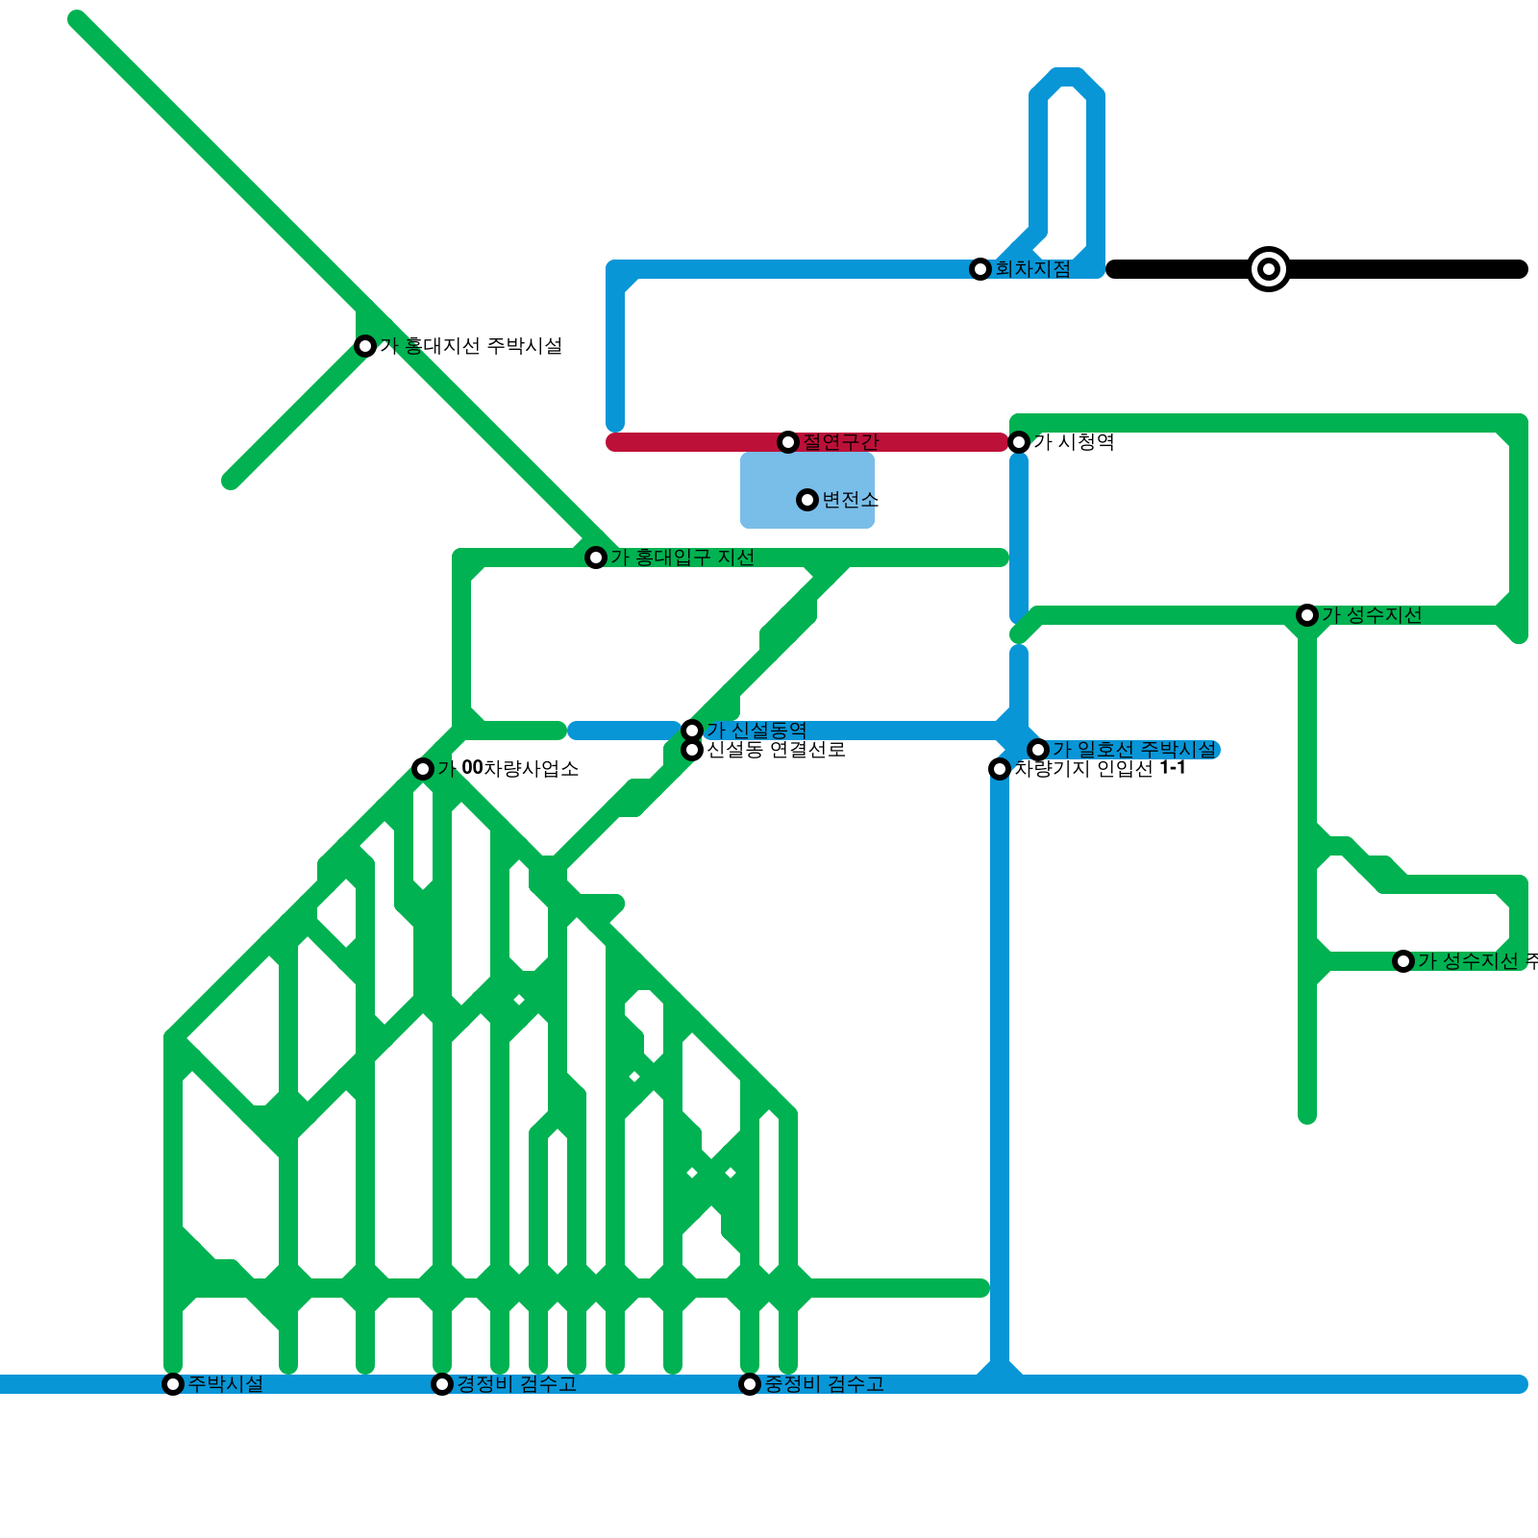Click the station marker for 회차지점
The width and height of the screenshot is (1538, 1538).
(980, 269)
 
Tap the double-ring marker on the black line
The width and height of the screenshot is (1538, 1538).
(1269, 269)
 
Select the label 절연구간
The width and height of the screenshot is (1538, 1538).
(841, 442)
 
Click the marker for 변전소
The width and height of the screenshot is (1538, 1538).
(807, 500)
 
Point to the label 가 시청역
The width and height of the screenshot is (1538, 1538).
(1074, 442)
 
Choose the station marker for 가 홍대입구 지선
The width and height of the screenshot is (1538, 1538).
(596, 558)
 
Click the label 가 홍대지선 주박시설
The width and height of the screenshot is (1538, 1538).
(471, 346)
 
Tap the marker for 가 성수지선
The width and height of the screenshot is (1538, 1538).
(1307, 615)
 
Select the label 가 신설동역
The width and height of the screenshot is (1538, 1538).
(757, 731)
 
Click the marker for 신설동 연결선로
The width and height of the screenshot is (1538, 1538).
(692, 750)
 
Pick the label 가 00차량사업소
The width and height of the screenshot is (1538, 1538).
(509, 769)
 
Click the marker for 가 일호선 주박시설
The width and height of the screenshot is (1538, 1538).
(1038, 750)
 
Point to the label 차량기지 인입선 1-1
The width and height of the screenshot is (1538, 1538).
(1100, 769)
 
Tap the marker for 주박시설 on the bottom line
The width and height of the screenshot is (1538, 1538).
(173, 1384)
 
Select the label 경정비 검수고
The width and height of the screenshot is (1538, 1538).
(516, 1384)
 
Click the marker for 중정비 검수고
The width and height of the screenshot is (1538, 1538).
(750, 1384)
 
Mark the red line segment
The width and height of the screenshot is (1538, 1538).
(702, 442)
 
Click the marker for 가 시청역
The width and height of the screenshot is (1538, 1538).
(1019, 442)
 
